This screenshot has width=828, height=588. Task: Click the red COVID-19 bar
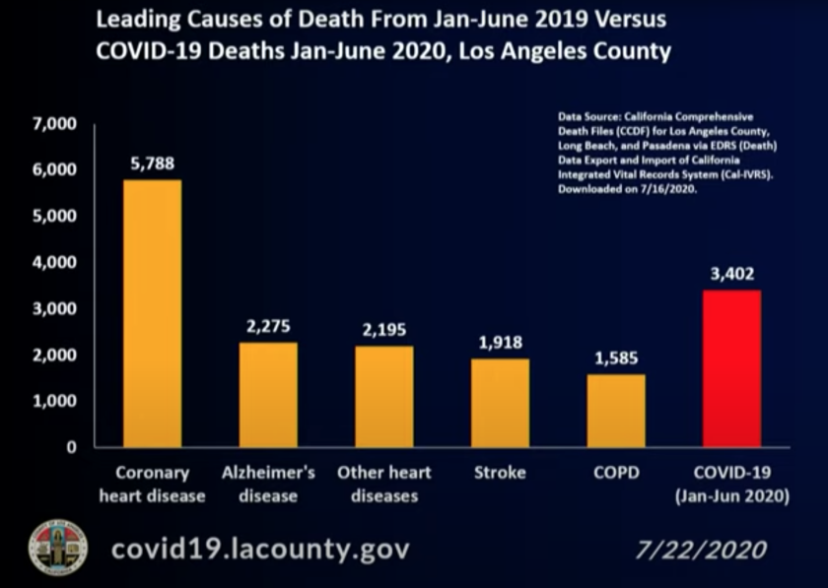[730, 368]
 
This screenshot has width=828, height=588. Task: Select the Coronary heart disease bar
[152, 313]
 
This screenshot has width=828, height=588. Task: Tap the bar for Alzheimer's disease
[268, 394]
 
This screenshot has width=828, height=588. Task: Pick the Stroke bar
[500, 403]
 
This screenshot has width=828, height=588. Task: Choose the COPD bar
[616, 411]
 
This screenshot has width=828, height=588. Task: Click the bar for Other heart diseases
[384, 396]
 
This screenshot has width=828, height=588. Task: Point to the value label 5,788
[153, 163]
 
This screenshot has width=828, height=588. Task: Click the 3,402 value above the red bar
[731, 274]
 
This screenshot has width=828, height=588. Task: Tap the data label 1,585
[617, 358]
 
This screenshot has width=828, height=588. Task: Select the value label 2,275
[268, 326]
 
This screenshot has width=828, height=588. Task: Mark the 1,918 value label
[501, 343]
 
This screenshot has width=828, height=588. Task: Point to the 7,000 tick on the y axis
[54, 124]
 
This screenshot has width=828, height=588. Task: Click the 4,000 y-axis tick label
[54, 263]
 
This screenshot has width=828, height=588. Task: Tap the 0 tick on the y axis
[71, 447]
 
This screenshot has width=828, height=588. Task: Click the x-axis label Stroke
[500, 473]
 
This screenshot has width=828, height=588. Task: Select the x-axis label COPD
[616, 473]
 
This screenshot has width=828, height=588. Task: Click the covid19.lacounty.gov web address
[259, 548]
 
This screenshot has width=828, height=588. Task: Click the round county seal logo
[57, 548]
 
